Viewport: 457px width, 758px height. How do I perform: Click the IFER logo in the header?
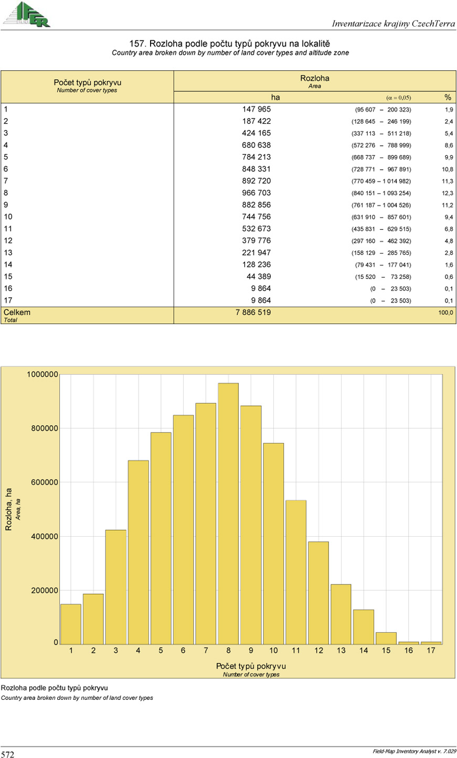click(27, 14)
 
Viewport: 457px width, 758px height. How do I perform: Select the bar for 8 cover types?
click(228, 513)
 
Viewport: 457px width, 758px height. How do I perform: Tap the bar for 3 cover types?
click(116, 587)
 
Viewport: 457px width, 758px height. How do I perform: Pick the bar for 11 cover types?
click(296, 572)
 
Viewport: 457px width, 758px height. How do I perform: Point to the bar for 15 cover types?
click(386, 638)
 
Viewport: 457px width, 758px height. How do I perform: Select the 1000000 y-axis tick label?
click(42, 374)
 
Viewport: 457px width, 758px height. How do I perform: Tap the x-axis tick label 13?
click(341, 651)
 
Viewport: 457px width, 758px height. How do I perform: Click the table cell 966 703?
click(256, 193)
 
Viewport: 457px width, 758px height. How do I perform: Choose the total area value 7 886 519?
click(253, 312)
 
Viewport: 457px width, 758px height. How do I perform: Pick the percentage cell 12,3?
click(447, 193)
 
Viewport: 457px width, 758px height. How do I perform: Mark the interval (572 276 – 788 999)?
click(381, 146)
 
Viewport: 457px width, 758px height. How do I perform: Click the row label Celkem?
click(17, 312)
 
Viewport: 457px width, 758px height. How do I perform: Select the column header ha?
click(275, 98)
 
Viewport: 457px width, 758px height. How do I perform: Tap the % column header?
click(448, 98)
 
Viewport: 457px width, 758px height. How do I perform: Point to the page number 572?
click(8, 754)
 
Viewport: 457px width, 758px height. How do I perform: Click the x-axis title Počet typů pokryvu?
click(251, 666)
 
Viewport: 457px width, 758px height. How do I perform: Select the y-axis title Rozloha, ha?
click(8, 509)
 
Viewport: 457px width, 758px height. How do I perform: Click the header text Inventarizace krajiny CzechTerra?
click(394, 24)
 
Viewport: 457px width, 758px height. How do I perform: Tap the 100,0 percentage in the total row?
click(446, 313)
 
